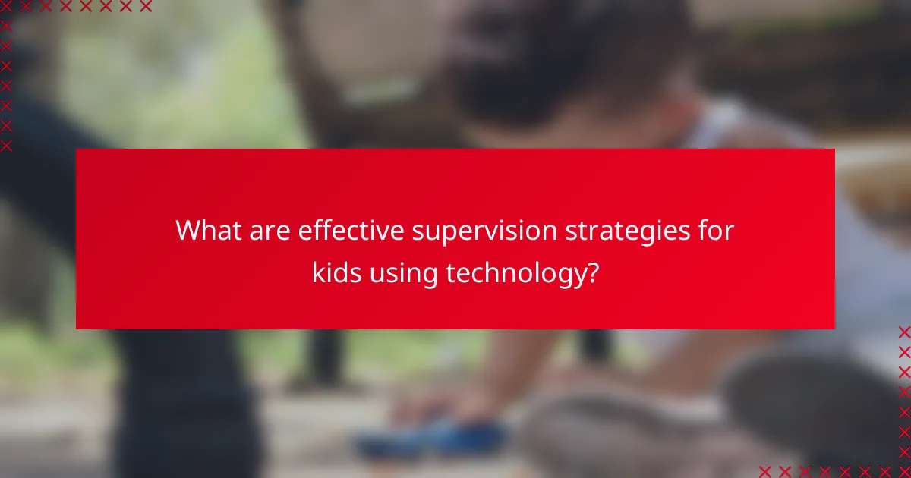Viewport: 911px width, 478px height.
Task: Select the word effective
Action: click(x=350, y=230)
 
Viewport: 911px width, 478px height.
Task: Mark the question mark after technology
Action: click(x=591, y=272)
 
